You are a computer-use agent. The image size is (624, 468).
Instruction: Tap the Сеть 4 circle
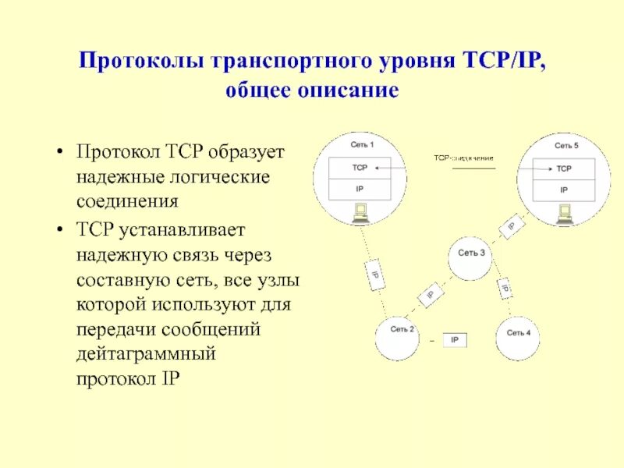pos(519,335)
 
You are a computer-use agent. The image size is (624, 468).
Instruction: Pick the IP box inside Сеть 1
pos(360,189)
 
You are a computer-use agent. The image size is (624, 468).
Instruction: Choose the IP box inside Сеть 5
pos(564,190)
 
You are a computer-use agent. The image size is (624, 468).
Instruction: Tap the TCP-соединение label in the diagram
pos(463,158)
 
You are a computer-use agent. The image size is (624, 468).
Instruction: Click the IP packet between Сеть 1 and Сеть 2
pos(374,275)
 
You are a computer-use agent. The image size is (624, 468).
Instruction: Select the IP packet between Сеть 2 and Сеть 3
pos(430,296)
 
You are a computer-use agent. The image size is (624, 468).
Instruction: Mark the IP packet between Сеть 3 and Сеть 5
pos(511,226)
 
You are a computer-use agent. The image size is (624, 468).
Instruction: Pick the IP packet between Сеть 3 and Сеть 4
pos(505,288)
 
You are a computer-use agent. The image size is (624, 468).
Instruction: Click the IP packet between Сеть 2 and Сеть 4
pos(455,340)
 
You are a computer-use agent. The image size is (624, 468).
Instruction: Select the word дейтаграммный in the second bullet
pos(145,353)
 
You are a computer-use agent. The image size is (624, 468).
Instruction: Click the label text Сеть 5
pos(566,146)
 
